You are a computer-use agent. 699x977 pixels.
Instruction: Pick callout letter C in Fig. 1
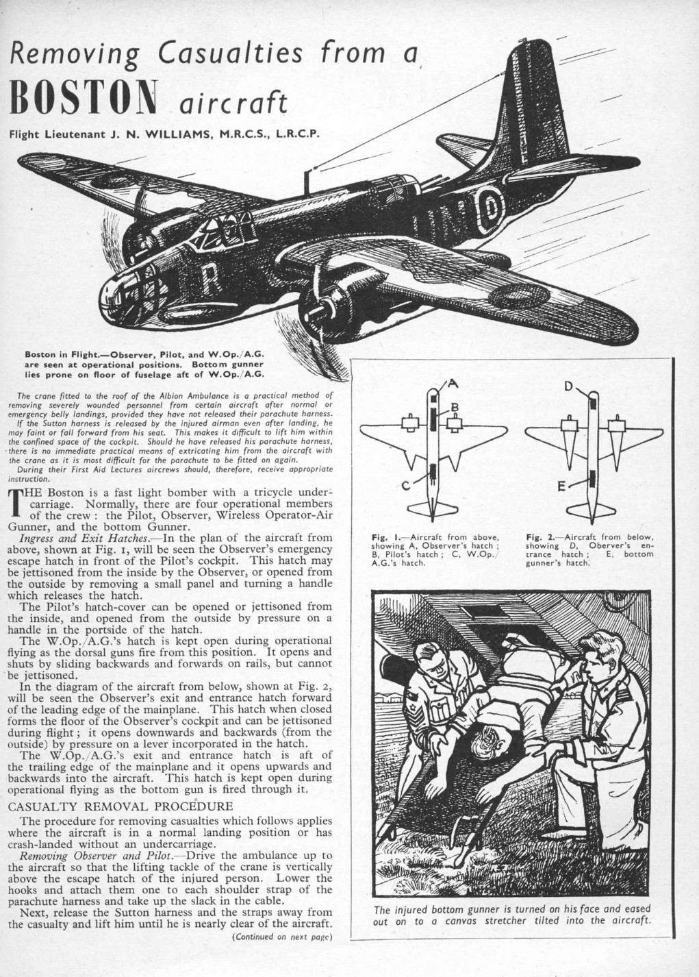coord(405,485)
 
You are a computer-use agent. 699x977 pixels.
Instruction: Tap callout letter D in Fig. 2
coord(568,386)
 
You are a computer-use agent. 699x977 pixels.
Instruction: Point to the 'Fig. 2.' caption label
coord(555,536)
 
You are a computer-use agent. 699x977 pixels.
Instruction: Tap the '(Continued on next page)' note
coord(282,937)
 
